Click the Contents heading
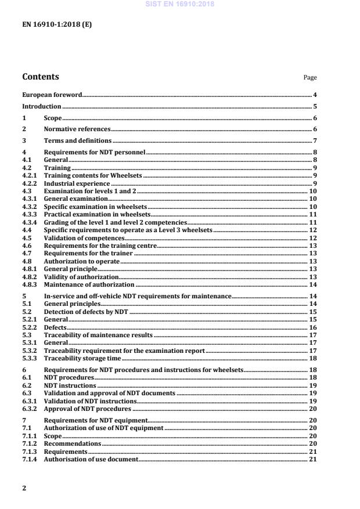coord(40,77)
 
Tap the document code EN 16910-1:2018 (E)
coord(56,24)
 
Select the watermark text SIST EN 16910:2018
coord(180,3)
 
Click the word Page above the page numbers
coord(310,78)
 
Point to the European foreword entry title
coord(52,94)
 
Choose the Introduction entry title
coord(41,106)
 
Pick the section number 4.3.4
coord(29,222)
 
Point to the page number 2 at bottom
coord(24,488)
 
